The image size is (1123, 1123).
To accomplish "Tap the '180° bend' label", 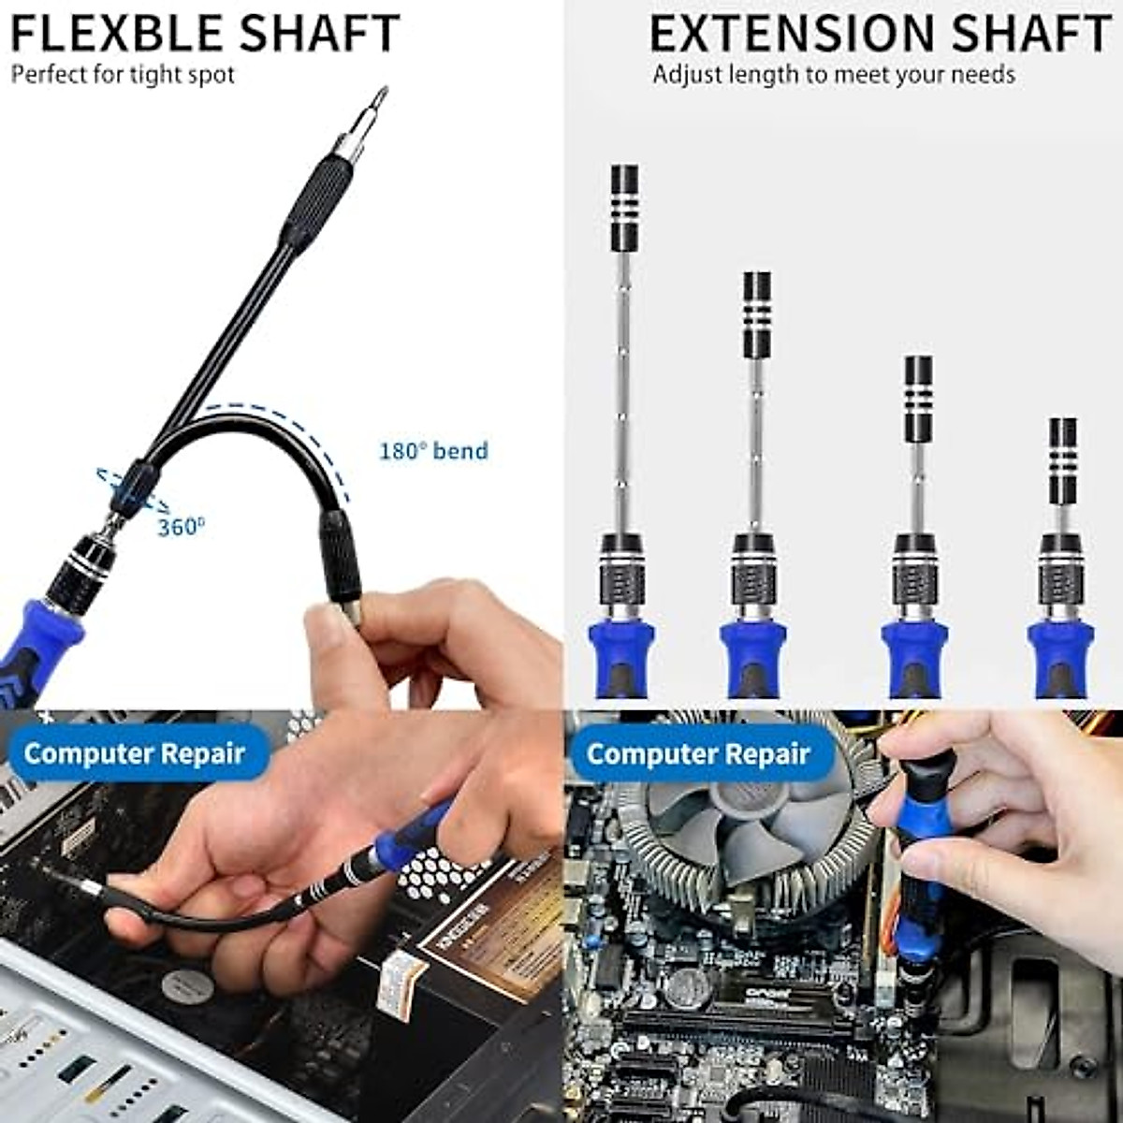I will coord(433,451).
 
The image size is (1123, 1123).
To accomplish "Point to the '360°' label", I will coord(180,527).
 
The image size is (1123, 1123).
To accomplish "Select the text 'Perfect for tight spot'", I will coord(123,75).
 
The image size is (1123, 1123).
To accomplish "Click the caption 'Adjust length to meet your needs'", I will coord(833,75).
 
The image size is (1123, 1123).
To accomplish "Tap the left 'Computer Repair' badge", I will coord(135,753).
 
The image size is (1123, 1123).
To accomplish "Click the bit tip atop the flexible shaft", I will coord(378,99).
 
